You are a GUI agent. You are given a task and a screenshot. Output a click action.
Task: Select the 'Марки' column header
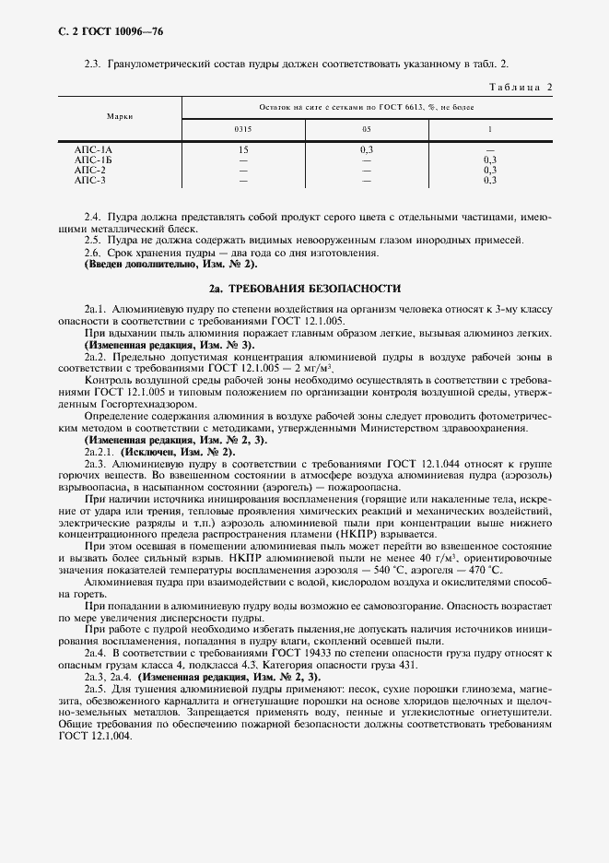[119, 117]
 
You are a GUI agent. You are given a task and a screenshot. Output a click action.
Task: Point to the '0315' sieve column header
[243, 129]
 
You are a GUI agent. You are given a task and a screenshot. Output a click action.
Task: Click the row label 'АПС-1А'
[92, 149]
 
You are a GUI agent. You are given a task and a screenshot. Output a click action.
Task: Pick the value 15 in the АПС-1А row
[243, 149]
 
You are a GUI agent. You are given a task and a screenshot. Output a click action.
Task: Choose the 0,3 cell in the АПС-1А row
[366, 149]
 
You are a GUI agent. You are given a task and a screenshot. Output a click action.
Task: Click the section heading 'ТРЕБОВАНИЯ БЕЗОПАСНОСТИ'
[312, 288]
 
